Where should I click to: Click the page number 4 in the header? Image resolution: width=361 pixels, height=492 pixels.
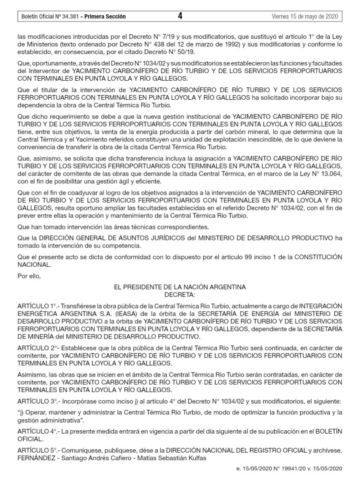(x=180, y=16)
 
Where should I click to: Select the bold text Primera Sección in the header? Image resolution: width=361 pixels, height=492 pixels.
(x=105, y=17)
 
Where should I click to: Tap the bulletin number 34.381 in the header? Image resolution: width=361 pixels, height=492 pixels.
(x=67, y=17)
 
